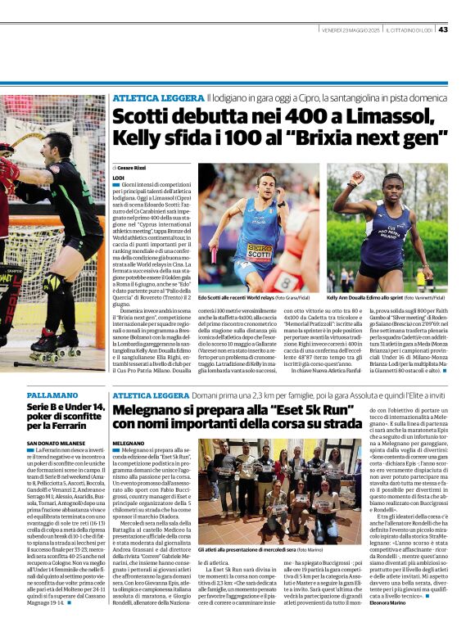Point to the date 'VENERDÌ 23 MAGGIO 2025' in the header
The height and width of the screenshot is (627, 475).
point(350,29)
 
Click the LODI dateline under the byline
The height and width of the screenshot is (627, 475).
point(118,177)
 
